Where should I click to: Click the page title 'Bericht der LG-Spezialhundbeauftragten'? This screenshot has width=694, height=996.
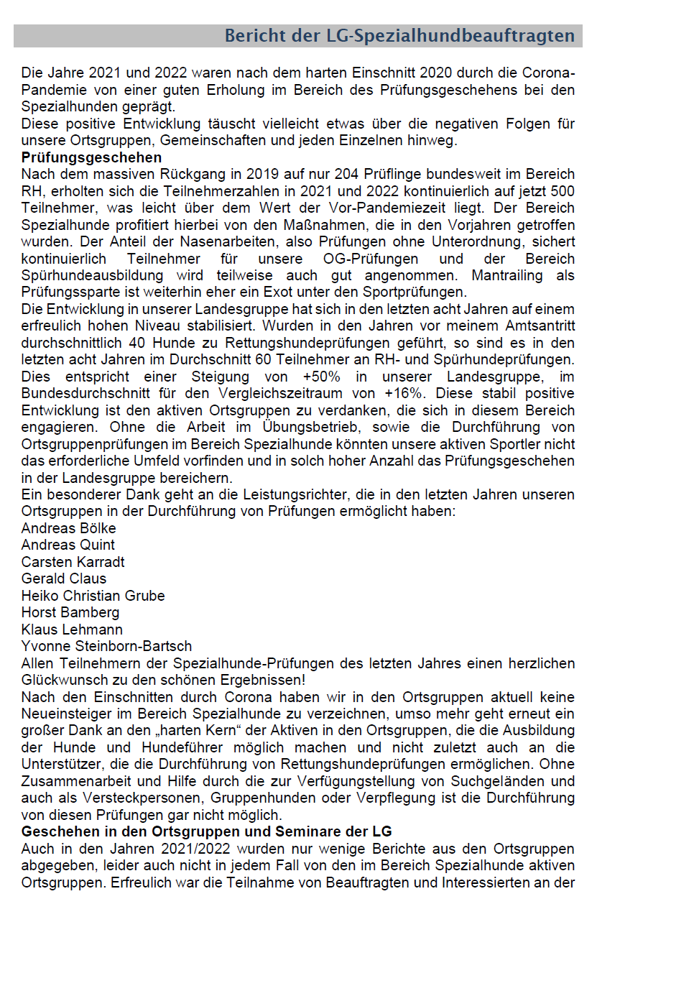tap(399, 36)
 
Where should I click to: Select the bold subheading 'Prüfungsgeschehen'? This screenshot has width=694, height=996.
tap(91, 157)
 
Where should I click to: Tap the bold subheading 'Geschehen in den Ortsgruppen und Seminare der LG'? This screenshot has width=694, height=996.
tap(206, 831)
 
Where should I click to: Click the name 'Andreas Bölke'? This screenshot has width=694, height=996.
tap(68, 528)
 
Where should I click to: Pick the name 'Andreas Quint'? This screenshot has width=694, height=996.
tap(68, 545)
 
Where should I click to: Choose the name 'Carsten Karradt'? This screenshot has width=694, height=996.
tap(73, 562)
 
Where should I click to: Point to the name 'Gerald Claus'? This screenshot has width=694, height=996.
tap(63, 578)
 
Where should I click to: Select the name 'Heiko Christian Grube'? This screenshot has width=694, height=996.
tap(93, 596)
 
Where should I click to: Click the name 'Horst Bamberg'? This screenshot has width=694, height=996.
tap(70, 612)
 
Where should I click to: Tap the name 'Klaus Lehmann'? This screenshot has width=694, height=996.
tap(72, 630)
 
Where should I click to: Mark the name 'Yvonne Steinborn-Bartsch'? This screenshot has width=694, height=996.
tap(106, 646)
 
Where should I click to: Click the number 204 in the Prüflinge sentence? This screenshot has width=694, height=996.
tap(346, 174)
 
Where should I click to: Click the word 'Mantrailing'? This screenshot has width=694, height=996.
tap(506, 275)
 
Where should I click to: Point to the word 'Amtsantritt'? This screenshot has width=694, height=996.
tap(534, 326)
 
